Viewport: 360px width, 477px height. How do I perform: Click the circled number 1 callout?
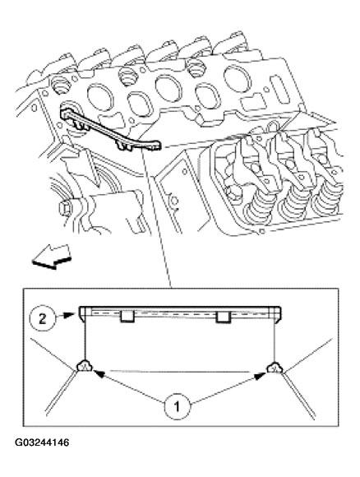point(178,406)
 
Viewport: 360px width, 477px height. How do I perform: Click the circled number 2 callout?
point(42,319)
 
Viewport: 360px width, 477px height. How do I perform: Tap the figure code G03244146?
point(42,442)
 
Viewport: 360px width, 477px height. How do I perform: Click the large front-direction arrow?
point(52,257)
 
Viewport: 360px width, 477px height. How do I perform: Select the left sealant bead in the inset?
point(85,366)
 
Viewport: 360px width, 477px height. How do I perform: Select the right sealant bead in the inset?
point(275,368)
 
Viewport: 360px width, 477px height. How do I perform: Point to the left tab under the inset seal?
point(127,317)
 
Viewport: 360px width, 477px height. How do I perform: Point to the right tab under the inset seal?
point(224,317)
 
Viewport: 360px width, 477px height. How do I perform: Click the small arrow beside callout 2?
point(66,315)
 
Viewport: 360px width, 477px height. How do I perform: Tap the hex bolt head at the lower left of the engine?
point(65,208)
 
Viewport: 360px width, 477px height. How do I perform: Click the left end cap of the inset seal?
point(82,313)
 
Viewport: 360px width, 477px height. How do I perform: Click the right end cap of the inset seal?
point(278,314)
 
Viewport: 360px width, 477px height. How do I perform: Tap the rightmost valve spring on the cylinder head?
point(329,197)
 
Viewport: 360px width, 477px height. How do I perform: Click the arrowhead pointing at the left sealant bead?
point(98,373)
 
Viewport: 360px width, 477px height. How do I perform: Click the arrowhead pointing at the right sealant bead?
point(261,377)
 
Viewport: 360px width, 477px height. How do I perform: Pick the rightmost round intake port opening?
point(238,78)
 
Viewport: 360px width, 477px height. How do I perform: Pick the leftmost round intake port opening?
point(100,97)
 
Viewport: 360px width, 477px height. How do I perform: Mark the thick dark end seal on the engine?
point(110,130)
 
